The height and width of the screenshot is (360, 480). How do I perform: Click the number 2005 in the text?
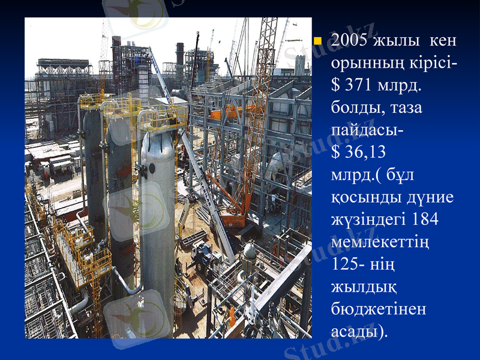349,41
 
